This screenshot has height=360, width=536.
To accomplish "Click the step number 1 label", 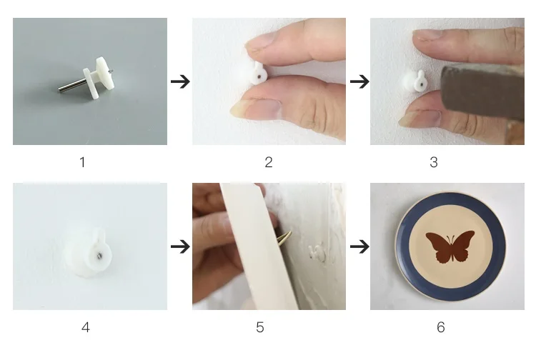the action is click(x=82, y=162).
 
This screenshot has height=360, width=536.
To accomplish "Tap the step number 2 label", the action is click(x=269, y=162).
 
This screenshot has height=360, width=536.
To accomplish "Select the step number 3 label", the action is click(x=434, y=162).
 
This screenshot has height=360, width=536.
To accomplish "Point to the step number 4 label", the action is click(x=86, y=327).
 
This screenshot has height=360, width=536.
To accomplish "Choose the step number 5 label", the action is click(x=260, y=327).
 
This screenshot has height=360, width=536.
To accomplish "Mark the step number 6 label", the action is click(x=441, y=327).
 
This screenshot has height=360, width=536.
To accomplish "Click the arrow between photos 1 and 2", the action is click(x=180, y=81).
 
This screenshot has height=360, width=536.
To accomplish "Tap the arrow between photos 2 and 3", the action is click(x=359, y=81).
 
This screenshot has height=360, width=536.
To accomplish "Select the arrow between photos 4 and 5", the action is click(x=180, y=246).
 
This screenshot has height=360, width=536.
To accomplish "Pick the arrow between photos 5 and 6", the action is click(x=359, y=246).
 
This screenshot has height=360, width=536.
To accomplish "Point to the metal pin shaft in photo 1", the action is click(x=71, y=86).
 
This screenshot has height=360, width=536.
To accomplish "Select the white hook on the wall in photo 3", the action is click(x=415, y=81).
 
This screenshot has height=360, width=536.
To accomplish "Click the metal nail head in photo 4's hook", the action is click(x=99, y=255).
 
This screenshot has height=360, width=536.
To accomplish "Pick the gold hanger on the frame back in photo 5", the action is click(x=284, y=238).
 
